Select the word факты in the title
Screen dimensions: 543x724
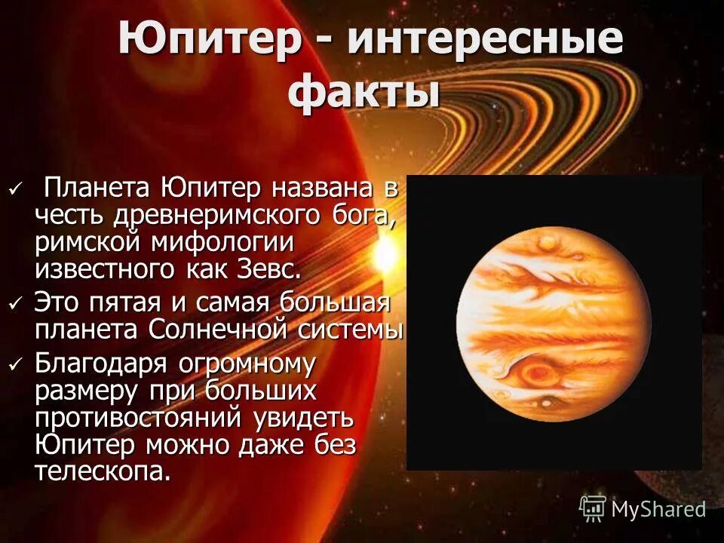coord(364,94)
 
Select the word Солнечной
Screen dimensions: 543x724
coord(243,330)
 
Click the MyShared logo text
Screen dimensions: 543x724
coord(658,509)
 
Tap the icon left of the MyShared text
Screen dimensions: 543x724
coord(593,508)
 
